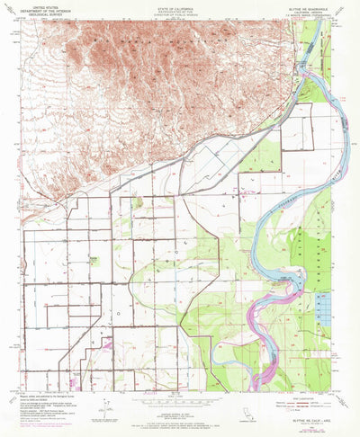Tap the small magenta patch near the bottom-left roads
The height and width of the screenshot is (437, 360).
(x=107, y=343)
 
